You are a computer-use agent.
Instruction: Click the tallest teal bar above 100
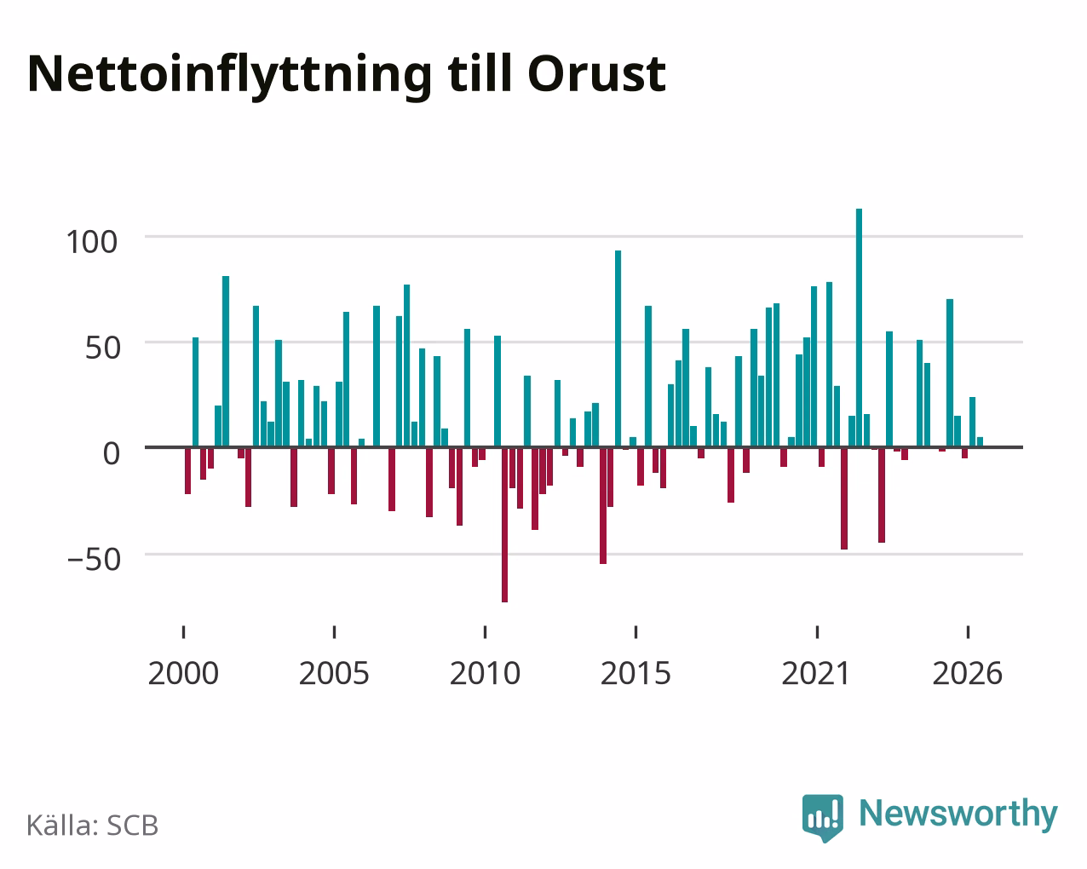point(859,327)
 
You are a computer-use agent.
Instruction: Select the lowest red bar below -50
point(504,525)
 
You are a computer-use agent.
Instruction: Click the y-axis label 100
point(91,242)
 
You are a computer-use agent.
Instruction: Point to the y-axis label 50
point(103,348)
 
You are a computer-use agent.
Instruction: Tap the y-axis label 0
point(112,453)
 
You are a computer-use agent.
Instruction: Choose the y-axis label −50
point(94,559)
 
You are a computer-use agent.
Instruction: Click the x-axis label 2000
point(183,673)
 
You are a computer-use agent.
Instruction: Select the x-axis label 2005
point(334,673)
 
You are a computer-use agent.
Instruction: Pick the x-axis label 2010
point(485,673)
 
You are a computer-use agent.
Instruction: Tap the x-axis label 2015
point(636,673)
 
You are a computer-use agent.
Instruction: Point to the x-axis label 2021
point(816,673)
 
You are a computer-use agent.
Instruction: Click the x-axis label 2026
point(967,673)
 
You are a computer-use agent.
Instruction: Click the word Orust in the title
point(596,74)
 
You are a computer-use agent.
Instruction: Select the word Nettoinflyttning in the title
point(229,77)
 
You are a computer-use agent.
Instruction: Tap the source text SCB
point(132,825)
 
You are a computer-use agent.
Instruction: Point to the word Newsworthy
point(958,814)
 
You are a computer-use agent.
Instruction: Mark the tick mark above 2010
point(485,632)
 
